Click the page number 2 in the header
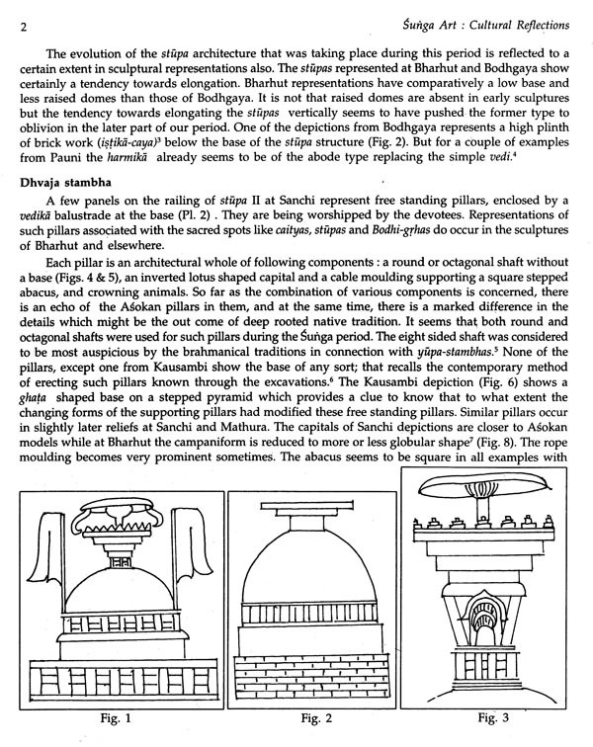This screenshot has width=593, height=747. pos(22,28)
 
